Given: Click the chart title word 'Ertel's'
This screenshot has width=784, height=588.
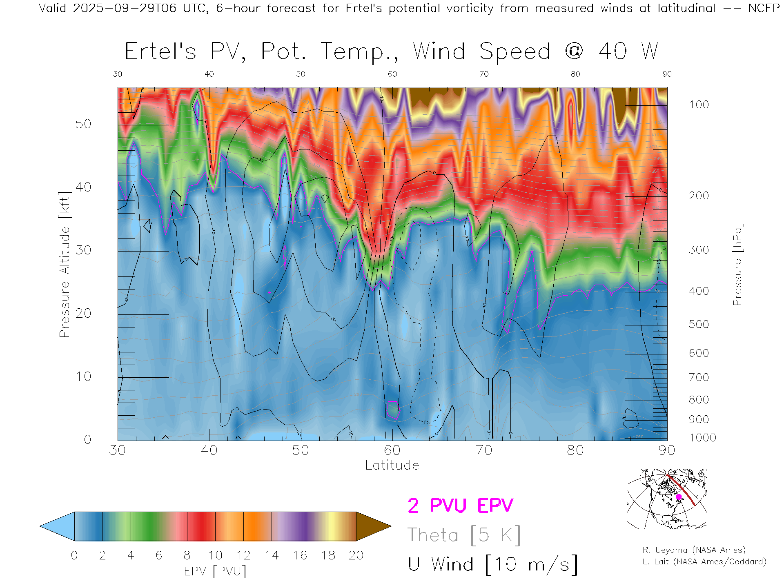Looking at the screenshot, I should pos(160,52).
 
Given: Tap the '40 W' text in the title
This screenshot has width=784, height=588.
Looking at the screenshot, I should pos(628,52).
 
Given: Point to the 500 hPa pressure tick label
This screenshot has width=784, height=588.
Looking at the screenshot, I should pos(699,324).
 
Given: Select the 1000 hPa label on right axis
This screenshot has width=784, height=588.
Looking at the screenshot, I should pos(702,438).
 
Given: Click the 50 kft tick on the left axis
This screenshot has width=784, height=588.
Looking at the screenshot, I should pos(83,124).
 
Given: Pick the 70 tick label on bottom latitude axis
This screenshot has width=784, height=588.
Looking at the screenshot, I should pos(483,450).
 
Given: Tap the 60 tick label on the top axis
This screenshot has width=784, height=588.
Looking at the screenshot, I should pos(392,74).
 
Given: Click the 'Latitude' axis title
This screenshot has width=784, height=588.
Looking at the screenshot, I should pos(392,465).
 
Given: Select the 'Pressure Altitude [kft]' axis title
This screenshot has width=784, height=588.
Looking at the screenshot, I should pos(65,264).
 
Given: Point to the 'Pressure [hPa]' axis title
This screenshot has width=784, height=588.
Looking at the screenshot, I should pos(737,264).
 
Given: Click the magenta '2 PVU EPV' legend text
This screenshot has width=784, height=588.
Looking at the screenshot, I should pos(460,506).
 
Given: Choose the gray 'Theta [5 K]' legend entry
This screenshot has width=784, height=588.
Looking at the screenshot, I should pos(464,535).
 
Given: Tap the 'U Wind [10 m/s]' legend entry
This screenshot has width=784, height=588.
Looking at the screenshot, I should pos(492,565).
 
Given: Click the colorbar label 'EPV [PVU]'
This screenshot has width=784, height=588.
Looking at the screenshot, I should pos(215,571).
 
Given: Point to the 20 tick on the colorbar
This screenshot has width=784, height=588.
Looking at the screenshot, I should pos(356,555).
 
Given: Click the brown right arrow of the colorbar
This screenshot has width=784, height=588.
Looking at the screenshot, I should pos(372,526).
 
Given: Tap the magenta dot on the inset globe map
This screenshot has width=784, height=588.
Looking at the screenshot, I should pos(679,497).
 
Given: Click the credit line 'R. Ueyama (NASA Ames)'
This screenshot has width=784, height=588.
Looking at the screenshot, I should pos(694,550).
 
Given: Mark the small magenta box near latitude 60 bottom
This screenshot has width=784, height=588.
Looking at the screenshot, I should pos(392,410).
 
